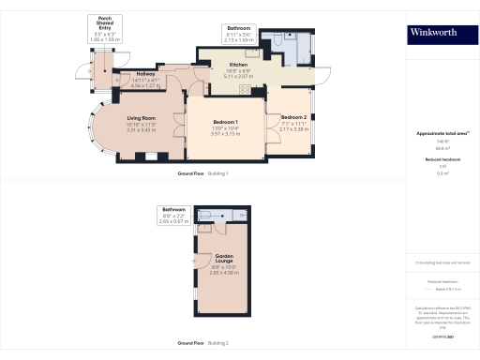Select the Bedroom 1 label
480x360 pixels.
[225, 124]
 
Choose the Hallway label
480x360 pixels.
[146, 74]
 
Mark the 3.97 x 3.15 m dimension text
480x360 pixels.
[225, 135]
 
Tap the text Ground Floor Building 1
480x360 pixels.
[202, 174]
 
